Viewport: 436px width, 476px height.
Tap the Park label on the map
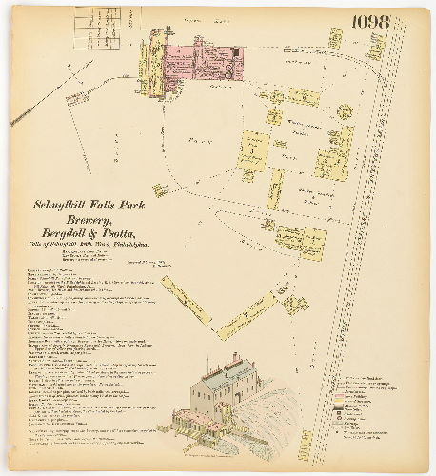190,137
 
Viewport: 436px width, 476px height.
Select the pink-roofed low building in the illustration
195,420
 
